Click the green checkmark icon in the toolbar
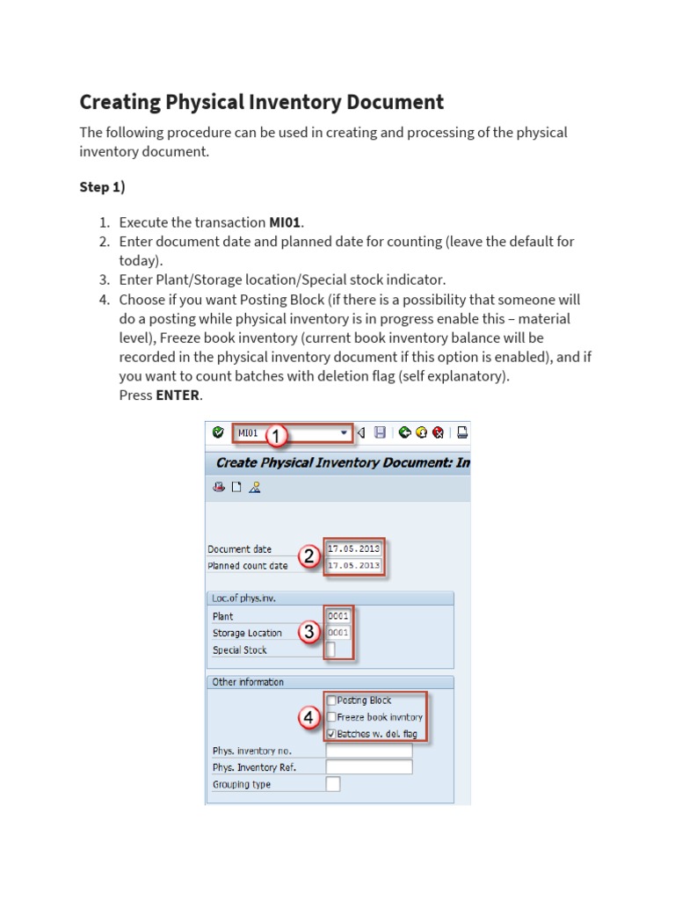(x=218, y=432)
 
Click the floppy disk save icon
(x=380, y=432)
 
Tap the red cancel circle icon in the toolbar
(x=437, y=432)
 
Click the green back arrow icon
(x=404, y=432)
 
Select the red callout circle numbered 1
(x=276, y=436)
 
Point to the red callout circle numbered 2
(x=308, y=557)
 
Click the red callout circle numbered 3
(x=309, y=632)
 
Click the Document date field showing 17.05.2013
(x=353, y=549)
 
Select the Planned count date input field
(x=353, y=566)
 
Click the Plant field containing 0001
(x=338, y=616)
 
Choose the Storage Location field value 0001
(x=338, y=633)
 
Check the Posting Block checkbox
(x=331, y=700)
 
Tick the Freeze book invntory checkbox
(x=331, y=717)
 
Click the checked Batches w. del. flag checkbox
(x=331, y=734)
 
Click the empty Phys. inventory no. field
(x=368, y=751)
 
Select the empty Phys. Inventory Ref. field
(x=368, y=767)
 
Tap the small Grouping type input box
(x=332, y=784)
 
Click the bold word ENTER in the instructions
(x=178, y=396)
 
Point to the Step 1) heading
(x=107, y=187)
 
